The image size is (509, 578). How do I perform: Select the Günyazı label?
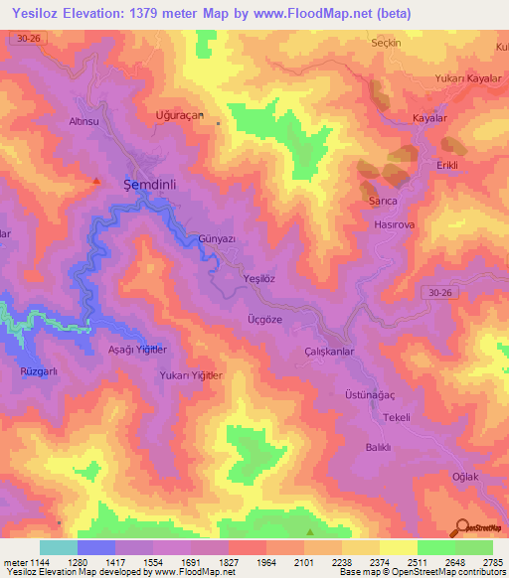click(x=216, y=239)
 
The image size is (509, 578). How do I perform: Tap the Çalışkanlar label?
click(x=329, y=352)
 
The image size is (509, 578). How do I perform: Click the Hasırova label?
click(x=394, y=226)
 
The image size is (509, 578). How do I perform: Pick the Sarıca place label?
click(x=383, y=201)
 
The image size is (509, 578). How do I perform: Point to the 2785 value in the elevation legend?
click(x=492, y=561)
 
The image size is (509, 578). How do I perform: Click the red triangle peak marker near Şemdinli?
click(x=96, y=180)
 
